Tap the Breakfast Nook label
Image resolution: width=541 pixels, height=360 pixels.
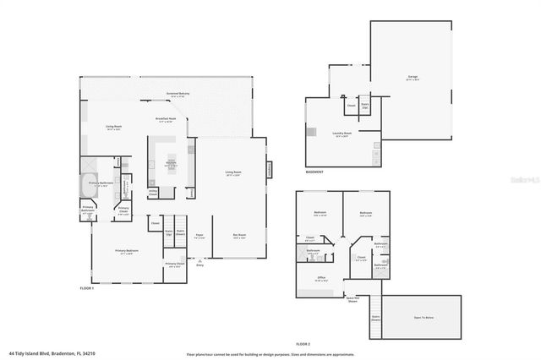(166, 120)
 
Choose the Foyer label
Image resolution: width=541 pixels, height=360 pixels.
(199, 236)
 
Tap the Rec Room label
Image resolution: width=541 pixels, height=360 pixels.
(240, 236)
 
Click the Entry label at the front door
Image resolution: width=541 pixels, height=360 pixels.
(200, 264)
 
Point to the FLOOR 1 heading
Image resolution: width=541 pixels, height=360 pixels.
(85, 288)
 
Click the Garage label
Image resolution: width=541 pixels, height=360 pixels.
(413, 77)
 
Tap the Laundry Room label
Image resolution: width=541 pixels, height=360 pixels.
(343, 133)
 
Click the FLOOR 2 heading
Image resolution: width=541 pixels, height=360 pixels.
(303, 344)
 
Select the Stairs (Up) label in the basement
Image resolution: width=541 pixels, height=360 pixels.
(365, 107)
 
